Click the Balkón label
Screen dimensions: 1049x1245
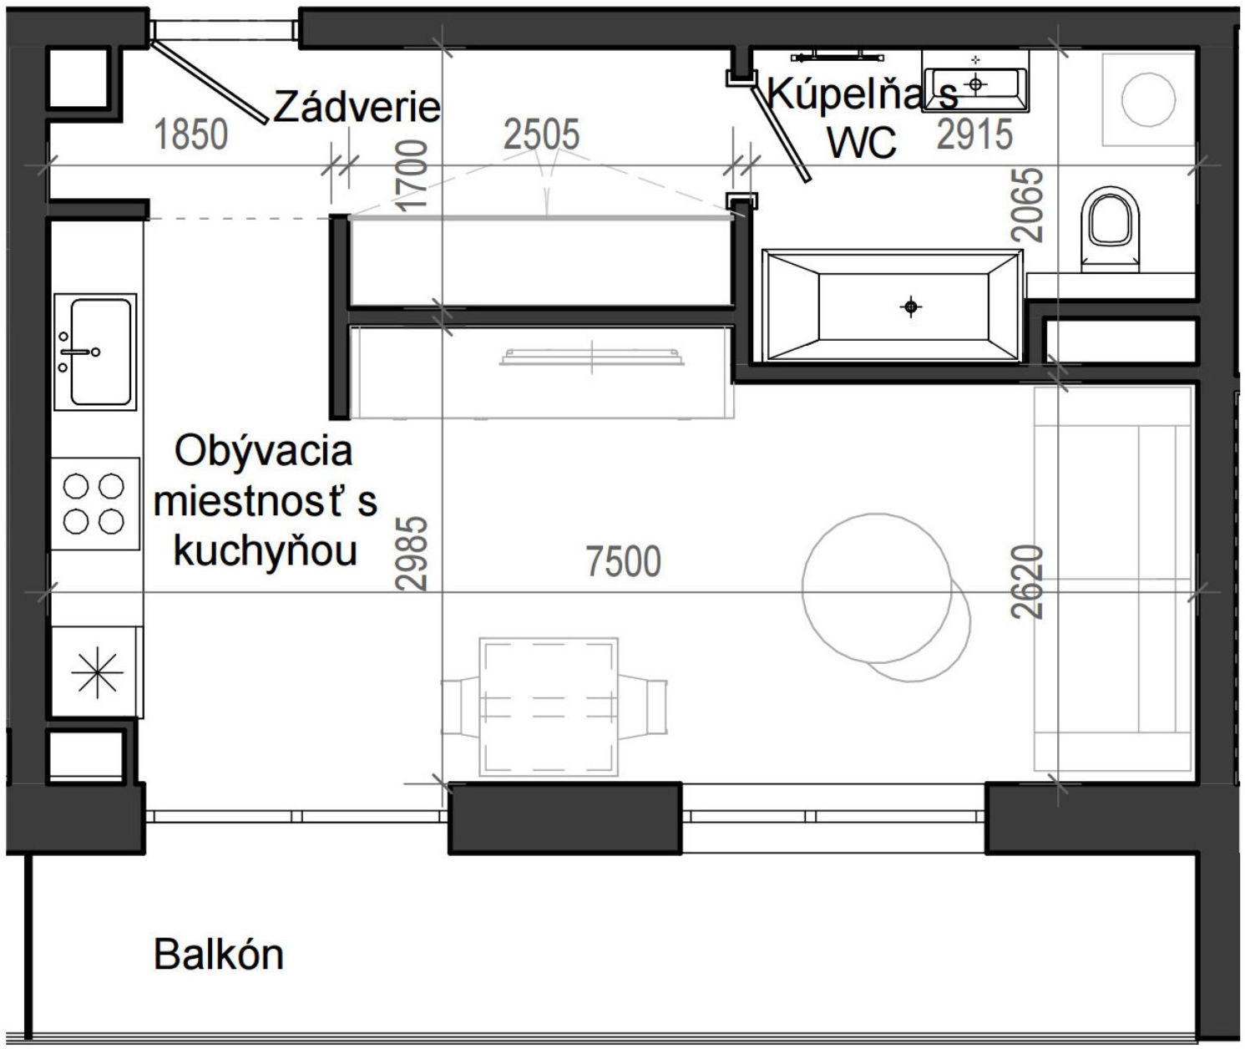(x=219, y=954)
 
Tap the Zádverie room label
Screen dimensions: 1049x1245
(x=357, y=107)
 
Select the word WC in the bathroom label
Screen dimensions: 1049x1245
(x=862, y=142)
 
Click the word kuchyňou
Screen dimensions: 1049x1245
(x=266, y=551)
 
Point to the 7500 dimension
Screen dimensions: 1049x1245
(x=624, y=561)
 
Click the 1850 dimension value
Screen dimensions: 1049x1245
(x=191, y=134)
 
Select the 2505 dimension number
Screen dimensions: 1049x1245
(x=541, y=134)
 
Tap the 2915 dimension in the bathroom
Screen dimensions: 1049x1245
(x=974, y=134)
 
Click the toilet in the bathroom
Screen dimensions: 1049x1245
(x=1110, y=227)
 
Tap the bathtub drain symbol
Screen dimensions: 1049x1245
(x=910, y=307)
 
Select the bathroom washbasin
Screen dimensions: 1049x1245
(x=975, y=82)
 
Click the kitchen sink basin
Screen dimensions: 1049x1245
(x=100, y=352)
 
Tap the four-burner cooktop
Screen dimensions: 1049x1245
(x=94, y=503)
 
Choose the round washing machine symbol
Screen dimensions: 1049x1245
(x=1148, y=99)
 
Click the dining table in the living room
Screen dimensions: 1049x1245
(x=549, y=707)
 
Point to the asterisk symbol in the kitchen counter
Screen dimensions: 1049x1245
(x=96, y=671)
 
